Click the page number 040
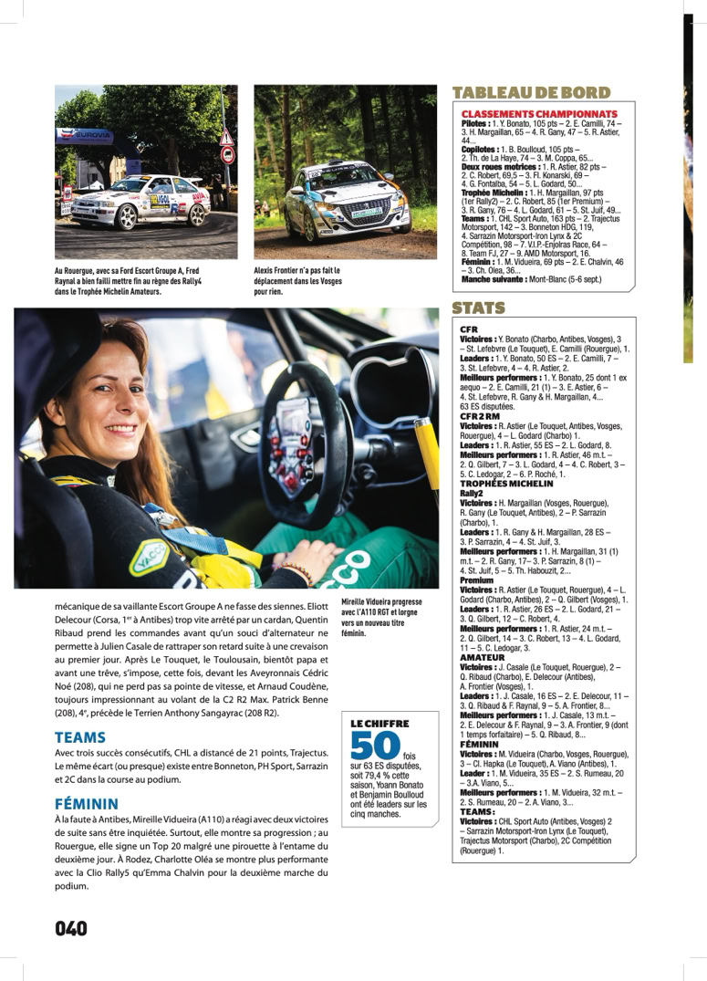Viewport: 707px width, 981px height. pyautogui.click(x=71, y=928)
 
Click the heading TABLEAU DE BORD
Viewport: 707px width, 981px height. pyautogui.click(x=531, y=93)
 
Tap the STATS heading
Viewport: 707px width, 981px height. pyautogui.click(x=480, y=308)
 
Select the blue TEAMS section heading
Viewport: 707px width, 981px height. pyautogui.click(x=80, y=736)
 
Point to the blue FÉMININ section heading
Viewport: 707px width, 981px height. pyautogui.click(x=87, y=804)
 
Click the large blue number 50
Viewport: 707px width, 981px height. pyautogui.click(x=375, y=746)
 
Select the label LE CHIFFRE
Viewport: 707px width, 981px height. pyautogui.click(x=379, y=723)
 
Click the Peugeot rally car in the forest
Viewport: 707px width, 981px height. pyautogui.click(x=346, y=197)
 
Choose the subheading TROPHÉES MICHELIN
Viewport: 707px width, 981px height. pyautogui.click(x=507, y=484)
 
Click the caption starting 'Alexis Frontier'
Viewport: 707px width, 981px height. pyautogui.click(x=297, y=282)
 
